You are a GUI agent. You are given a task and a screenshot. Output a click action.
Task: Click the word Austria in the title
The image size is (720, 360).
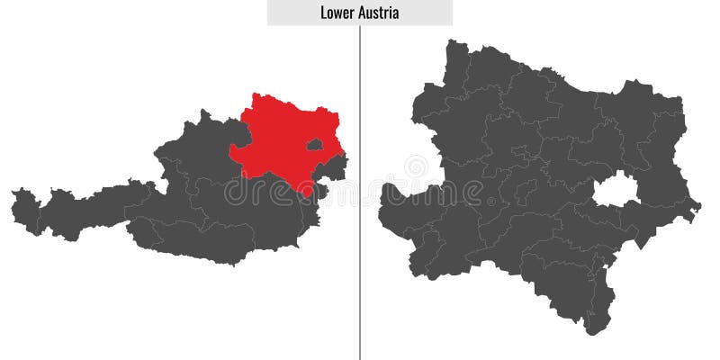pyautogui.click(x=378, y=13)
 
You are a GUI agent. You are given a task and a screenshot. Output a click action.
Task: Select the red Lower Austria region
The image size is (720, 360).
pyautogui.click(x=279, y=135)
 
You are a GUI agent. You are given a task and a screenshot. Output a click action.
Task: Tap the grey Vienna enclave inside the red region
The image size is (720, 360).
pyautogui.click(x=314, y=144)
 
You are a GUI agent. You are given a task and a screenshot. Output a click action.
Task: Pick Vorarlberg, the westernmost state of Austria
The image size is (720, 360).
pyautogui.click(x=25, y=209)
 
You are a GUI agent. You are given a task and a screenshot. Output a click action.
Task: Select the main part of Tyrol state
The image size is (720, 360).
pyautogui.click(x=90, y=207)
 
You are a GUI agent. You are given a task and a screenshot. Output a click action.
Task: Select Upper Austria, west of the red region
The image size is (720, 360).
pyautogui.click(x=202, y=148)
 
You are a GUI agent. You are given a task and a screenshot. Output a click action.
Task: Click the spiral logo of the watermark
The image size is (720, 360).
pyautogui.click(x=416, y=168)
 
